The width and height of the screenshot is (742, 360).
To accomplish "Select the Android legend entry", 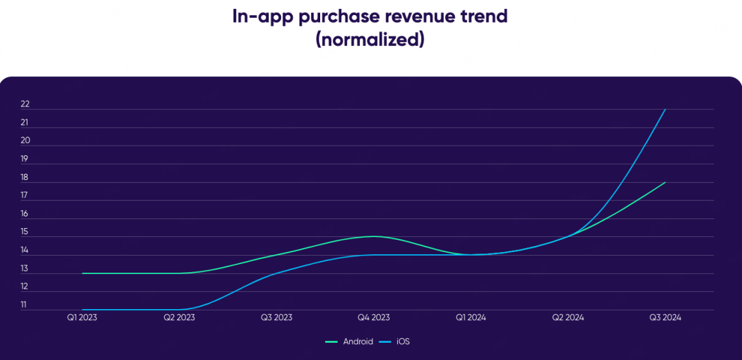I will click(349, 341).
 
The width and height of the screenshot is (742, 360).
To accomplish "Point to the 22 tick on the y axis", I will click(25, 104).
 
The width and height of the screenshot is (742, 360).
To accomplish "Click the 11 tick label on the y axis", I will click(25, 304).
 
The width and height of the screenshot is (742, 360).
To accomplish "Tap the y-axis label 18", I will click(25, 177).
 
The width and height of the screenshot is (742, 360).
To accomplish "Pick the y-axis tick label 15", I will click(25, 232).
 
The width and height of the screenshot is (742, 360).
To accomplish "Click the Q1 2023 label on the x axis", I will click(82, 317).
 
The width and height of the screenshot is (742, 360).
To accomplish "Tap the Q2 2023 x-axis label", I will click(179, 317).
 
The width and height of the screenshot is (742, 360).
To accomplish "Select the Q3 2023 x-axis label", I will click(276, 317).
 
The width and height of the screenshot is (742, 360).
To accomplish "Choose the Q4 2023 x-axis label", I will click(374, 317).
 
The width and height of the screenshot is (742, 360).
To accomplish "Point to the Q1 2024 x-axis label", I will click(471, 317).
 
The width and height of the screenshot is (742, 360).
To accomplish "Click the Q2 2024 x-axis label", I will click(568, 317).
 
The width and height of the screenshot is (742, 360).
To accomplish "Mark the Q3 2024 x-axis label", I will click(665, 317).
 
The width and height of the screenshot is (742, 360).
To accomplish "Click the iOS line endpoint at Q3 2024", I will click(665, 109).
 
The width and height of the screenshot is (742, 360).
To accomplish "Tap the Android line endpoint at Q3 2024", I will click(665, 182).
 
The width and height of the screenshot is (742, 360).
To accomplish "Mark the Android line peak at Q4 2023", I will click(374, 236).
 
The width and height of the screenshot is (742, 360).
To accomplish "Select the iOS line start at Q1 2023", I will click(82, 309).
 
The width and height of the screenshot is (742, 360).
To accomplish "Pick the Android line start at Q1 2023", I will click(82, 273).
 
